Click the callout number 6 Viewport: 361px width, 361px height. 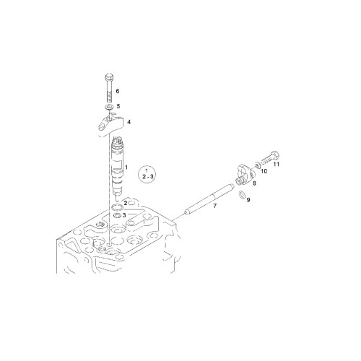click(118, 91)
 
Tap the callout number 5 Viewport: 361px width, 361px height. click(118, 106)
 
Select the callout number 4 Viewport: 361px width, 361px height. click(129, 122)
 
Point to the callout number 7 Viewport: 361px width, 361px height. click(214, 206)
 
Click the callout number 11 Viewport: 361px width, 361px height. click(277, 165)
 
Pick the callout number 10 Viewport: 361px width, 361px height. click(264, 171)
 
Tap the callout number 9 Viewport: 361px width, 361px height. click(248, 200)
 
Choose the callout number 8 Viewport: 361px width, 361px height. click(254, 183)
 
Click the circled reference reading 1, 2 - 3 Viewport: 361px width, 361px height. click(147, 174)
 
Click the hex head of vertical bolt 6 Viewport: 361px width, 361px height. click(109, 77)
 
